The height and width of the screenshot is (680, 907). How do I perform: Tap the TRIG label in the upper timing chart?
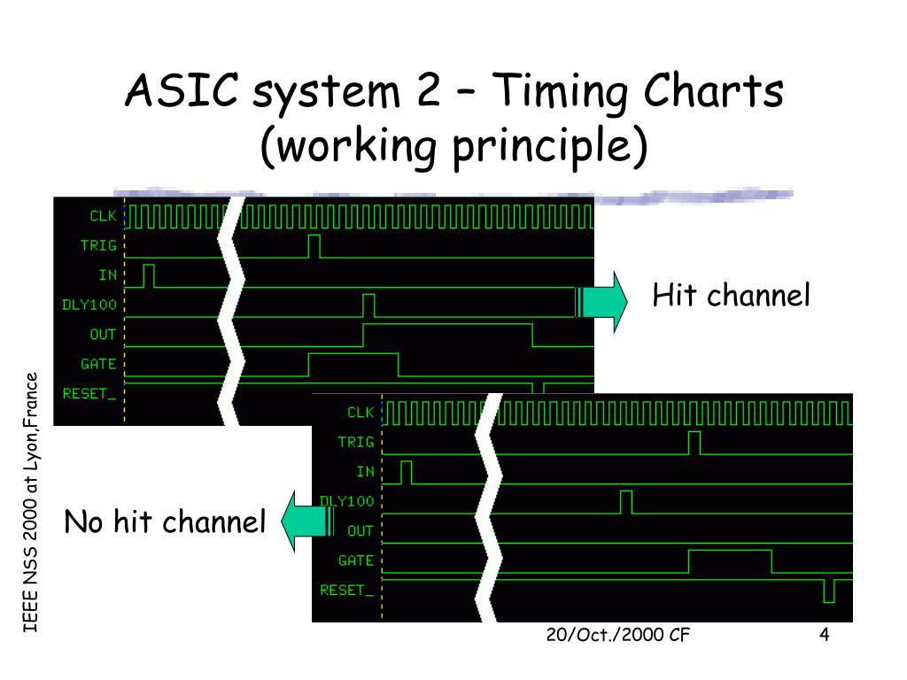(98, 245)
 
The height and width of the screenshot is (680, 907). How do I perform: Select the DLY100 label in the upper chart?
(89, 305)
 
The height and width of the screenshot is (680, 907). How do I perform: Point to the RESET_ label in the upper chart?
(89, 393)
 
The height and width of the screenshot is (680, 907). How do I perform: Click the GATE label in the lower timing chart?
(356, 560)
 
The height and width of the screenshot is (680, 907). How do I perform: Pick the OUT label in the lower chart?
(360, 530)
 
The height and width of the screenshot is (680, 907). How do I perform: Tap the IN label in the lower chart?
(365, 472)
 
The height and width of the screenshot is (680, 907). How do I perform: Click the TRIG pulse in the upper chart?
(314, 246)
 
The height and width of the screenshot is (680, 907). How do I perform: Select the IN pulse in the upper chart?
(149, 275)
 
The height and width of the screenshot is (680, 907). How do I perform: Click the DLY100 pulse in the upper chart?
(368, 305)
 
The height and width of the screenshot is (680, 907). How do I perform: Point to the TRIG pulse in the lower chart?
(694, 443)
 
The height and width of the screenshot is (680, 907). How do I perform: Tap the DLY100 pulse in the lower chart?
(626, 502)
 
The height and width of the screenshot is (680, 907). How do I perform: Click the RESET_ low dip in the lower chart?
(828, 591)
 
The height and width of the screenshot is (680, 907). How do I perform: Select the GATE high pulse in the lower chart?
(730, 560)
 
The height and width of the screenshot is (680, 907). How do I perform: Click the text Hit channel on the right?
(731, 295)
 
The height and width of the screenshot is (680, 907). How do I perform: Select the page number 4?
(824, 636)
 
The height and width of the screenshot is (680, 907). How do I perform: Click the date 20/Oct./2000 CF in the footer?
(618, 637)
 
